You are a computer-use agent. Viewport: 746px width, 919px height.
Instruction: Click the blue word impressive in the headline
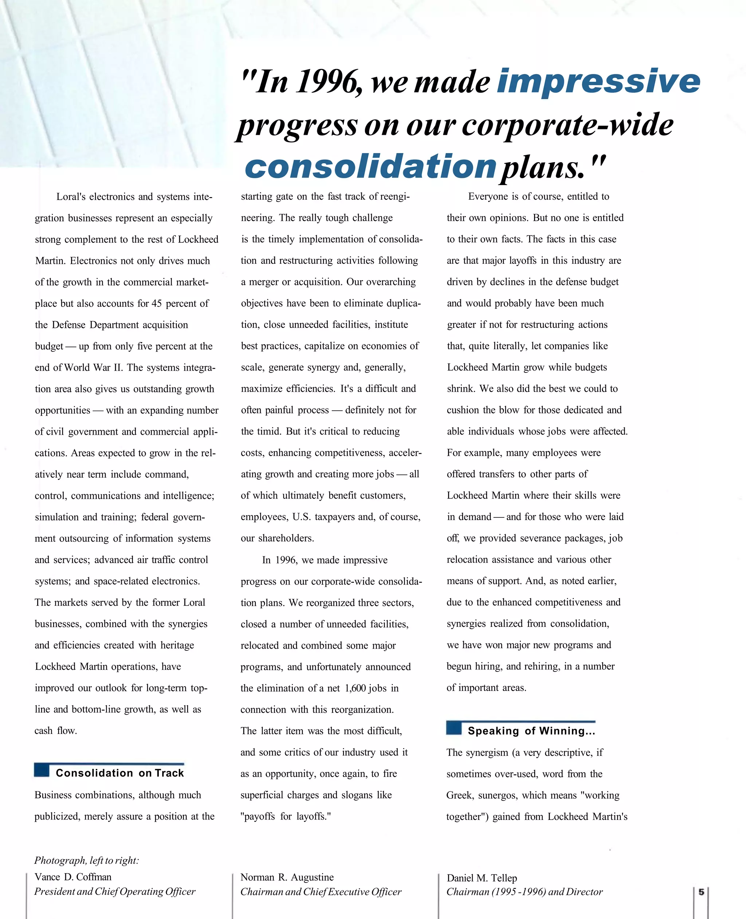[x=598, y=82]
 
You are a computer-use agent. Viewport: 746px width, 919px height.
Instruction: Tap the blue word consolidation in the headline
[x=370, y=167]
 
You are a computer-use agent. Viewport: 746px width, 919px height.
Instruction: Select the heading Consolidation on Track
[x=119, y=773]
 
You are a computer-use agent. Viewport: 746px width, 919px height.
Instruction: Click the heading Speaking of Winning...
[x=531, y=731]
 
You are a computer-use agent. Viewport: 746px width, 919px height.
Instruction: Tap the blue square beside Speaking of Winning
[x=454, y=728]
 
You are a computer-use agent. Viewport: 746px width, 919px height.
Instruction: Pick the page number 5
[x=701, y=892]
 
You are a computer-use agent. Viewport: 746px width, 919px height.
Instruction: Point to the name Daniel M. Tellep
[x=481, y=878]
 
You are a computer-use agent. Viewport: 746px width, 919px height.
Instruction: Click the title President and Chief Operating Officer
[x=115, y=892]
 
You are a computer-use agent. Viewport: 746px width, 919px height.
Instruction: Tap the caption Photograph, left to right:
[x=86, y=860]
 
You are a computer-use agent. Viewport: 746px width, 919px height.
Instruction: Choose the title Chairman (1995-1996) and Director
[x=524, y=892]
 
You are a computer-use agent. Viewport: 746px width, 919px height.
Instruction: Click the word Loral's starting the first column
[x=71, y=197]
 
